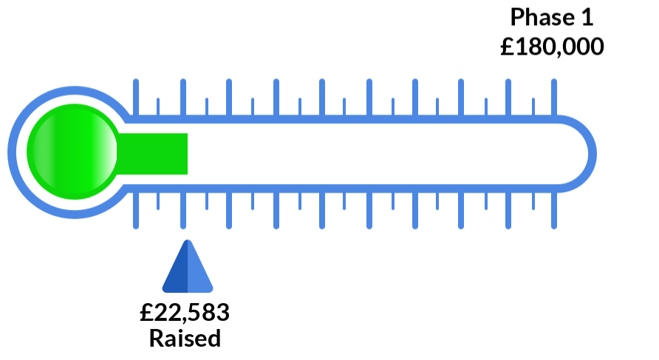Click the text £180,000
pyautogui.click(x=552, y=48)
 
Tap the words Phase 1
pyautogui.click(x=552, y=17)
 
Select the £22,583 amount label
pyautogui.click(x=185, y=313)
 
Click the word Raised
pyautogui.click(x=185, y=339)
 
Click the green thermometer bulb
pyautogui.click(x=72, y=153)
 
